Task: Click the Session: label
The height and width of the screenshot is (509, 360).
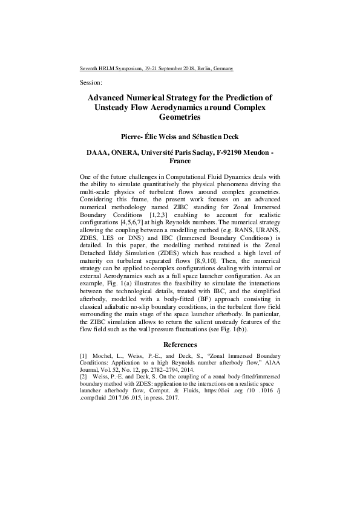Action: point(91,82)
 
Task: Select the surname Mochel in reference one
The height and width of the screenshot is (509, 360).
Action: point(108,356)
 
